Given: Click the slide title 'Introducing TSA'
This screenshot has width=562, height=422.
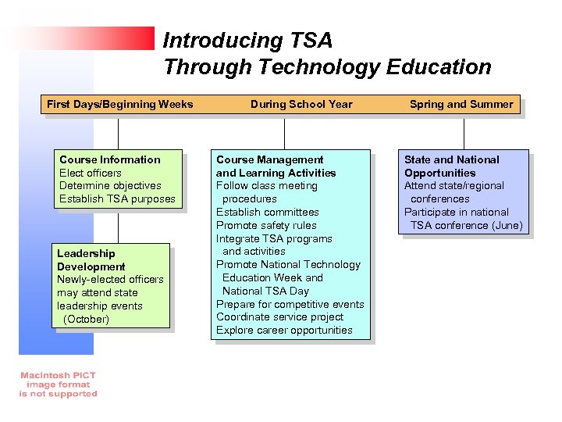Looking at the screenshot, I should pyautogui.click(x=247, y=40).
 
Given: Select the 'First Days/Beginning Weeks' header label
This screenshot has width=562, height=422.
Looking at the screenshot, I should pyautogui.click(x=119, y=104).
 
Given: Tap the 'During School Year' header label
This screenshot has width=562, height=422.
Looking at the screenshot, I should pyautogui.click(x=301, y=104).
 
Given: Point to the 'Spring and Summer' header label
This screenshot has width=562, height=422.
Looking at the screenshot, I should pyautogui.click(x=461, y=104).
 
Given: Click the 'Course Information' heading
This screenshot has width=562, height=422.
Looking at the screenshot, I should pyautogui.click(x=109, y=159).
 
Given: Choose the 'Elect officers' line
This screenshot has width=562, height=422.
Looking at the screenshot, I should pyautogui.click(x=91, y=173).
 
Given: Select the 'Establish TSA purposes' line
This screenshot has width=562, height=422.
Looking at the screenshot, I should pyautogui.click(x=117, y=199).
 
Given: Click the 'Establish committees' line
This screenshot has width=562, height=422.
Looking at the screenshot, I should pyautogui.click(x=267, y=212).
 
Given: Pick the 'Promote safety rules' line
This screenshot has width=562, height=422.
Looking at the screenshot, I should pyautogui.click(x=266, y=225).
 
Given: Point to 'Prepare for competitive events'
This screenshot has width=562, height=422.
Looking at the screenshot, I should pyautogui.click(x=290, y=304).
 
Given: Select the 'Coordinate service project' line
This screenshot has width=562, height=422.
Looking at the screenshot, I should pyautogui.click(x=279, y=317).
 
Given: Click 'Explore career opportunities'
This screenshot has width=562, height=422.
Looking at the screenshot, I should pyautogui.click(x=284, y=331).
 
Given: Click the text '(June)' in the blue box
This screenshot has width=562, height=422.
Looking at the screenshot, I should pyautogui.click(x=506, y=226).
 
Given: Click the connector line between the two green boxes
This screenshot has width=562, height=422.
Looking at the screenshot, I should pyautogui.click(x=119, y=227).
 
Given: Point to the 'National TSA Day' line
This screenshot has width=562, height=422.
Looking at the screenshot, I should pyautogui.click(x=265, y=291).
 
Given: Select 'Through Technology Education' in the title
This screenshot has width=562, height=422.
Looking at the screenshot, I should pyautogui.click(x=327, y=67).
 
